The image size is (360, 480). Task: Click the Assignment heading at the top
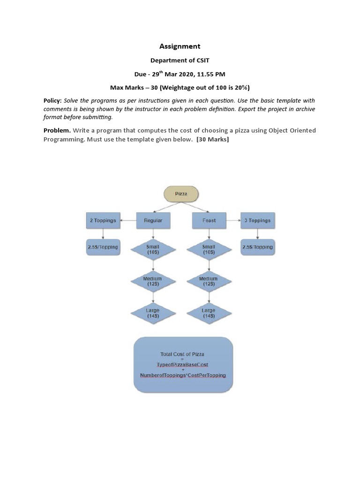click(x=180, y=46)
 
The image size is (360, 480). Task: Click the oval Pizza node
click(x=181, y=194)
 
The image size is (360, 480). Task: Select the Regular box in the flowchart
click(x=153, y=220)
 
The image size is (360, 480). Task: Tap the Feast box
click(x=209, y=220)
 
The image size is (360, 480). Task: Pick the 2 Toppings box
click(x=103, y=220)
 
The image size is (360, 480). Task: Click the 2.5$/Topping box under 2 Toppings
click(x=103, y=247)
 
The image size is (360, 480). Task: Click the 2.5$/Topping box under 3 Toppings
click(x=257, y=247)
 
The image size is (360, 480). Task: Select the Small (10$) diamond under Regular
click(x=153, y=249)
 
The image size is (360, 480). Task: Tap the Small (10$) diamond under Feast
click(x=209, y=249)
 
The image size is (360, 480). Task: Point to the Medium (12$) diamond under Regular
click(x=153, y=281)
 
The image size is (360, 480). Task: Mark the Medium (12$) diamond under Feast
click(x=209, y=281)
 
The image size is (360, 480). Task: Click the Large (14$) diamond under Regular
click(x=153, y=313)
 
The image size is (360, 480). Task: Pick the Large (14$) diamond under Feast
click(x=209, y=313)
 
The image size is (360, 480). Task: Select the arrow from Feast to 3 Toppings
click(x=233, y=220)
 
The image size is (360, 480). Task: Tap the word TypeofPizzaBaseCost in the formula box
click(x=182, y=365)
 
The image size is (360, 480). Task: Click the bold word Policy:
click(x=52, y=101)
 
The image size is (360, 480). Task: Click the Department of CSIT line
click(x=180, y=60)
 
